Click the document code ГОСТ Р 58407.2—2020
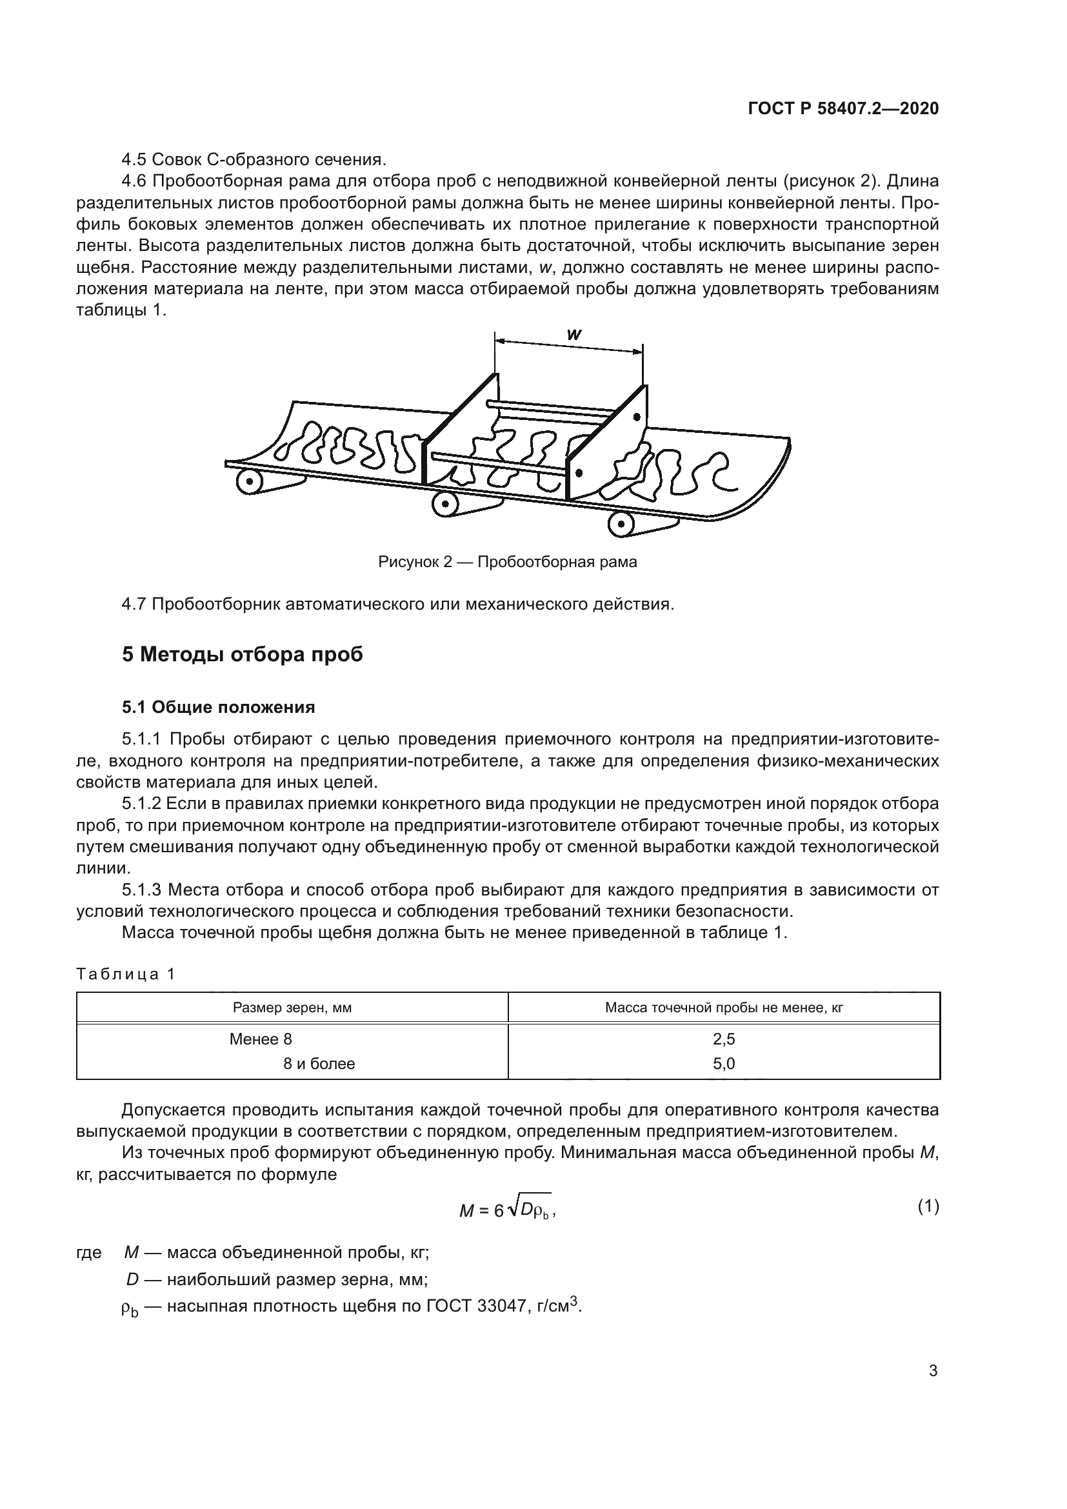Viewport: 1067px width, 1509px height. tap(843, 109)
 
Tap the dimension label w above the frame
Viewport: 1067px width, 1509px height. tap(573, 335)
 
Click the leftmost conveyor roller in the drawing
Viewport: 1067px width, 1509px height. tap(250, 483)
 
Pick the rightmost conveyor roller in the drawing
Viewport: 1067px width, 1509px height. tap(621, 525)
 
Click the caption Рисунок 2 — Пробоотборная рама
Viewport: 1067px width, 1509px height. tap(507, 562)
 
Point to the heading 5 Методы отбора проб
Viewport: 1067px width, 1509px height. tap(243, 655)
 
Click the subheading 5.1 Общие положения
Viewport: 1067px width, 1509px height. tap(218, 707)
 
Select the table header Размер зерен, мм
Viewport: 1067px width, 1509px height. tap(292, 1008)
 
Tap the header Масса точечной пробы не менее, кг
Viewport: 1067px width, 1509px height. tap(723, 1008)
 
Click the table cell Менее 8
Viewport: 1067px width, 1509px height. tap(260, 1039)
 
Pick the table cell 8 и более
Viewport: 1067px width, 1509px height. tap(319, 1063)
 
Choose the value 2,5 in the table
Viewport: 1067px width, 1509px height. tap(723, 1039)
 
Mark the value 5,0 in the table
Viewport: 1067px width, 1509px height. tap(723, 1063)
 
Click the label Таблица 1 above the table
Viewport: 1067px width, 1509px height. tap(126, 974)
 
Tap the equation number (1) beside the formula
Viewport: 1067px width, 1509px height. tap(928, 1206)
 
